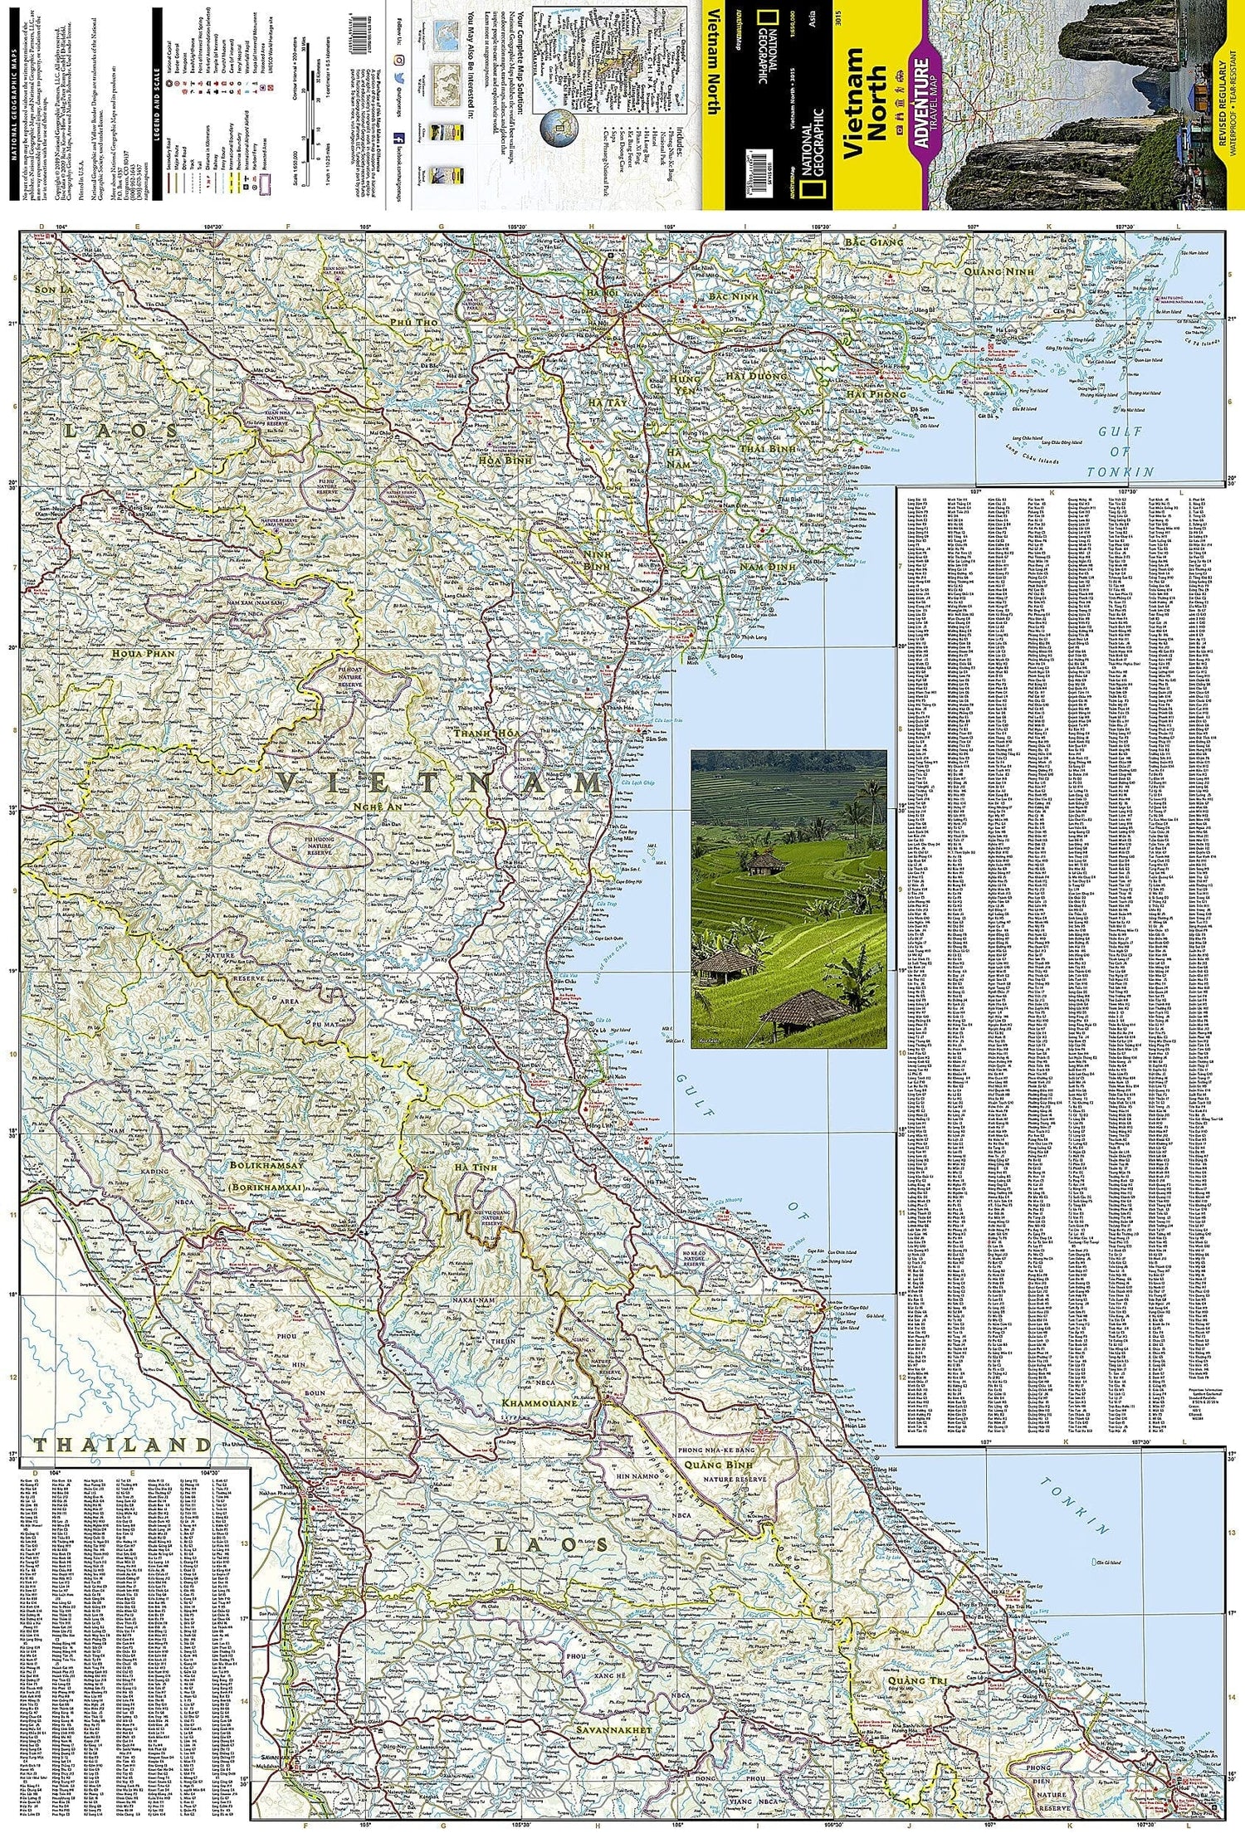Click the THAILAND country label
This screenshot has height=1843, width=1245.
click(123, 1445)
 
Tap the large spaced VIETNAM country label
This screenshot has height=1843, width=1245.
click(439, 782)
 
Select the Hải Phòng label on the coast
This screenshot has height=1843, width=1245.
click(870, 399)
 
